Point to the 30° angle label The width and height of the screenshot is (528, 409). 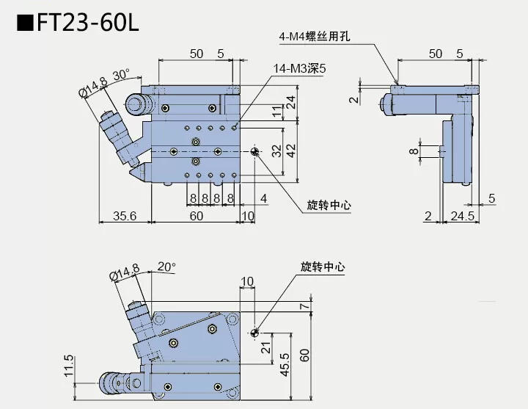click(x=121, y=75)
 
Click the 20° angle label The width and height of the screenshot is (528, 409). click(x=167, y=267)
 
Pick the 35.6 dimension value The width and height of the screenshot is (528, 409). click(x=124, y=215)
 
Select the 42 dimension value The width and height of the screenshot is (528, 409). click(x=291, y=151)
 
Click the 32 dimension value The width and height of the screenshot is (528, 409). click(x=276, y=151)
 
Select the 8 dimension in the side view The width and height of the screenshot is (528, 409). click(x=413, y=151)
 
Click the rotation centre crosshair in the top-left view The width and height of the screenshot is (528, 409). click(x=254, y=151)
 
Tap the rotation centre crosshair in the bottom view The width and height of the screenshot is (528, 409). click(x=254, y=333)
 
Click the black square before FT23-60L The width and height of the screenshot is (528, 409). click(x=24, y=21)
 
